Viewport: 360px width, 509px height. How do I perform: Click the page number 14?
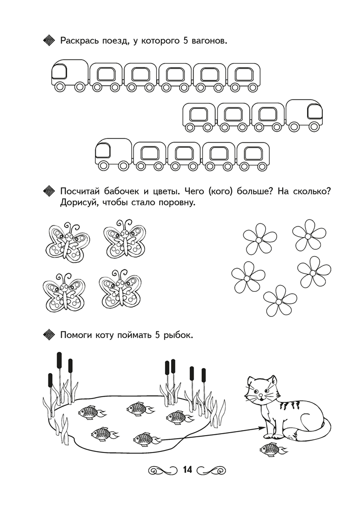point(187,470)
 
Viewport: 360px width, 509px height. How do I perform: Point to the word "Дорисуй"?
point(78,203)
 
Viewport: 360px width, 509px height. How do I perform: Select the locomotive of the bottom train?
point(113,155)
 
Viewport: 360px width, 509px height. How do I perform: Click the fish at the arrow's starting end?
point(147,439)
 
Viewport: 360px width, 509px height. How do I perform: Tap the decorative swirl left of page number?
point(163,470)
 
